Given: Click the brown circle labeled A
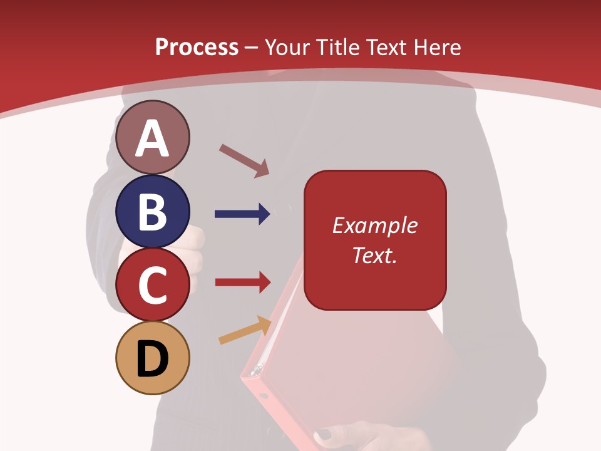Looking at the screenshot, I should coord(153,137).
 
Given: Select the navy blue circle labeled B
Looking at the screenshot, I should coord(153,211).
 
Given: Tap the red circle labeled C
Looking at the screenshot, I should coord(153,285).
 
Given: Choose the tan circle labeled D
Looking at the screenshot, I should coord(153,358).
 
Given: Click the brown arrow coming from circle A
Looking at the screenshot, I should coord(244,160).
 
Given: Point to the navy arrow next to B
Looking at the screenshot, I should coord(242,214).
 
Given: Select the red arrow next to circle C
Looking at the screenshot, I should coord(242,282).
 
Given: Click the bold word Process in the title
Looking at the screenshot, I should coord(197,47).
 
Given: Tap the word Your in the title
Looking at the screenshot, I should coord(290,47).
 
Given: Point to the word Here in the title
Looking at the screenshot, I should coord(438,47).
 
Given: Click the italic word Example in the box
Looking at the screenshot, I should coord(374,225).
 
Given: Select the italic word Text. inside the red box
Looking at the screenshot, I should coord(374,256).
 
